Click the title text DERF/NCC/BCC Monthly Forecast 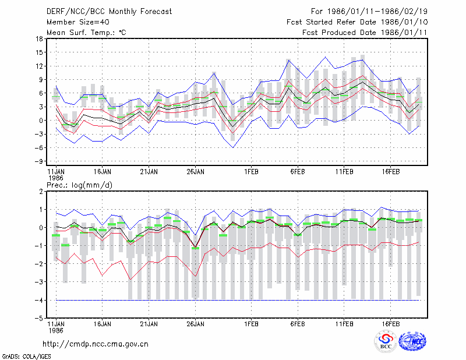(x=109, y=12)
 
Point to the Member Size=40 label (x=78, y=22)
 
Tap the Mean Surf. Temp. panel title (x=86, y=33)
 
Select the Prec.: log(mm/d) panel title (x=79, y=185)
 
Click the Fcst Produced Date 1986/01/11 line (x=365, y=33)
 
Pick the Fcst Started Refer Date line (x=357, y=22)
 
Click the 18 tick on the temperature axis (x=39, y=38)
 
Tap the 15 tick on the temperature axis (x=39, y=52)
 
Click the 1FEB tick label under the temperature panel (x=251, y=171)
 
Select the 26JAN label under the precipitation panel (x=195, y=324)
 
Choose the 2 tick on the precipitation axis (x=41, y=192)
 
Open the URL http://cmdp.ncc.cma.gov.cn (x=96, y=344)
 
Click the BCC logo (x=386, y=341)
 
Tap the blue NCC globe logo (x=412, y=341)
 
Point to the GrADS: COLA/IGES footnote (x=27, y=357)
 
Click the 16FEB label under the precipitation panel (x=390, y=324)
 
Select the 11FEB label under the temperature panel (x=344, y=171)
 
